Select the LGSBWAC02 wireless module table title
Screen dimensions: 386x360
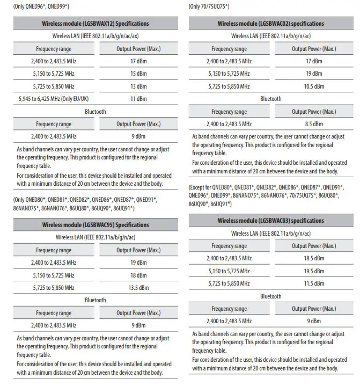pyautogui.click(x=270, y=24)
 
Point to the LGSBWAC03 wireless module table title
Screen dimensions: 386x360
pyautogui.click(x=270, y=221)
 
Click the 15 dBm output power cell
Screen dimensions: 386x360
pyautogui.click(x=138, y=74)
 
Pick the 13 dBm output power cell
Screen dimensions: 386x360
pyautogui.click(x=138, y=86)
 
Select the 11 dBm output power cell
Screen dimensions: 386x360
pyautogui.click(x=138, y=99)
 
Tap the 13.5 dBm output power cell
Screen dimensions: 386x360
pyautogui.click(x=138, y=287)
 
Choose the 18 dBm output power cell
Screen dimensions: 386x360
pyautogui.click(x=138, y=275)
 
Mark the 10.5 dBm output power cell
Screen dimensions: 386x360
pyautogui.click(x=314, y=86)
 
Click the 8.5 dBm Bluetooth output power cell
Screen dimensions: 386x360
pyautogui.click(x=314, y=124)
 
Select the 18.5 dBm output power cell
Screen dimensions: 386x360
pyautogui.click(x=314, y=258)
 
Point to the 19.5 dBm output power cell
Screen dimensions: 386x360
pyautogui.click(x=314, y=271)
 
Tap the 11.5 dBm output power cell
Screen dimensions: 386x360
pyautogui.click(x=314, y=283)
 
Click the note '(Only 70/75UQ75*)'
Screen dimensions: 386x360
pyautogui.click(x=209, y=6)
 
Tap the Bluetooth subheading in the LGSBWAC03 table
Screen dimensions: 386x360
pyautogui.click(x=270, y=296)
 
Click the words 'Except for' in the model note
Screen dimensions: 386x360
pyautogui.click(x=204, y=187)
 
